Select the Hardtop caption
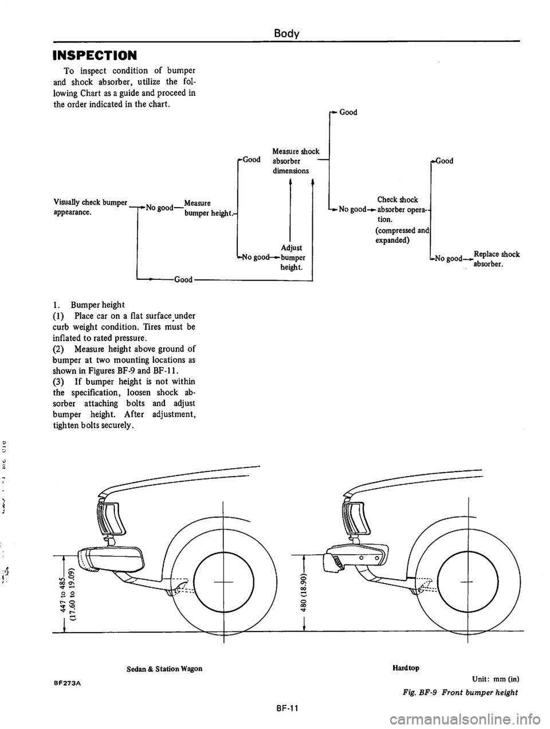coord(406,668)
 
